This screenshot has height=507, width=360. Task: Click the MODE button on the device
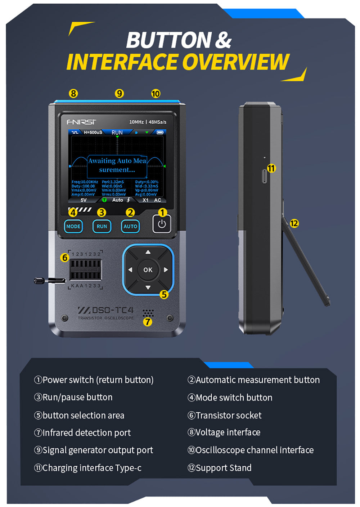73,226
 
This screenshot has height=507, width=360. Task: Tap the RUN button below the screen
102,226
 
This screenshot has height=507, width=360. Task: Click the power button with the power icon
162,224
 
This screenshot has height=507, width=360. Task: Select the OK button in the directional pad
148,270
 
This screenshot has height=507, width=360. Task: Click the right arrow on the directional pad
166,270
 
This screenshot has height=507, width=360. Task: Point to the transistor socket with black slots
85,269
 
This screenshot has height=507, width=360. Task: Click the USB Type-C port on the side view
264,176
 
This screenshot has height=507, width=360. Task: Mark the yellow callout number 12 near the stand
294,223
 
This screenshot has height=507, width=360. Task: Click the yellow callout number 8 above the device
73,94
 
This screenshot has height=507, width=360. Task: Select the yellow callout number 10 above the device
156,94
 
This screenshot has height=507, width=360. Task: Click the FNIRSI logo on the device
81,122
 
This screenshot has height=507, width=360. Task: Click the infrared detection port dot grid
148,312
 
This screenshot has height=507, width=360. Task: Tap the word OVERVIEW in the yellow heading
236,62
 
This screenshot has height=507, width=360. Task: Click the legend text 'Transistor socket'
228,415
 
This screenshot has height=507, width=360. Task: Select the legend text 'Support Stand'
223,468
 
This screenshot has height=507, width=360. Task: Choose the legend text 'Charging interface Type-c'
92,468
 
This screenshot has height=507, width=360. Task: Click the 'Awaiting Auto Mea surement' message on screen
117,165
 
